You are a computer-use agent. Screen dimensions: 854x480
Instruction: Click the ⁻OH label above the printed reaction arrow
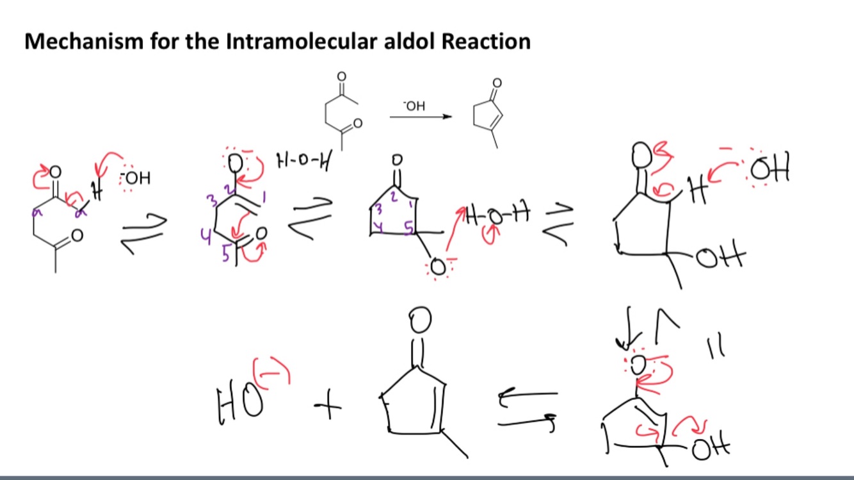click(414, 106)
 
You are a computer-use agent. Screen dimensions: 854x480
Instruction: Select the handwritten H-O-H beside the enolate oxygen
click(302, 160)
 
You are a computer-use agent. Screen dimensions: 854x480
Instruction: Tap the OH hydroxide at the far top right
click(771, 169)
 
